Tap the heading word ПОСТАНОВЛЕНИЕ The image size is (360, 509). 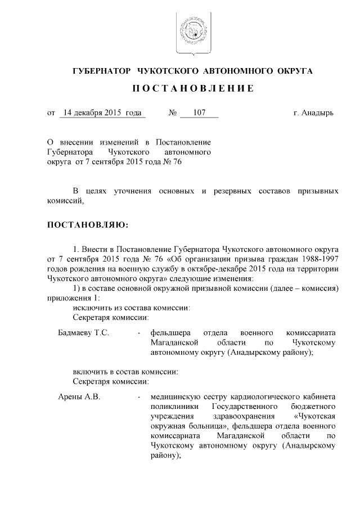pyautogui.click(x=193, y=89)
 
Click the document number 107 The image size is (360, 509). pyautogui.click(x=199, y=113)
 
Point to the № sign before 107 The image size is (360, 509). pyautogui.click(x=173, y=113)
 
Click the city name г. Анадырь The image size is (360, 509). pyautogui.click(x=314, y=113)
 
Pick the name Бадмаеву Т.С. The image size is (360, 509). pyautogui.click(x=84, y=332)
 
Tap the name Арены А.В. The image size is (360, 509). pyautogui.click(x=79, y=397)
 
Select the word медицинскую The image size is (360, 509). pyautogui.click(x=174, y=397)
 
